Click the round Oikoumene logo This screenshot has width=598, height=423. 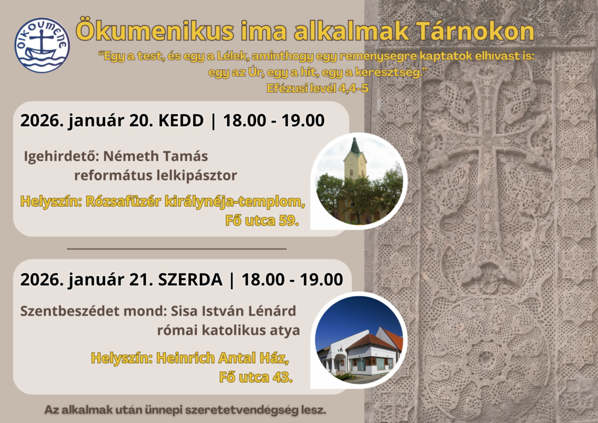pyautogui.click(x=42, y=45)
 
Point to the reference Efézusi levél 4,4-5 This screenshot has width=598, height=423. pyautogui.click(x=318, y=88)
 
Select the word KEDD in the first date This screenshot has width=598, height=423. pyautogui.click(x=181, y=120)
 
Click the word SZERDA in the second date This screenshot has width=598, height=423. pyautogui.click(x=190, y=280)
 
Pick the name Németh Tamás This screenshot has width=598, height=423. pyautogui.click(x=155, y=156)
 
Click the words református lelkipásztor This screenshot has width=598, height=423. pyautogui.click(x=155, y=175)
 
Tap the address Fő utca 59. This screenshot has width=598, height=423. pyautogui.click(x=262, y=220)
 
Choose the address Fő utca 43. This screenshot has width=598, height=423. pyautogui.click(x=256, y=377)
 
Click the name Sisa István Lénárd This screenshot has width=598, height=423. pyautogui.click(x=233, y=311)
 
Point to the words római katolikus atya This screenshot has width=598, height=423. pyautogui.click(x=228, y=330)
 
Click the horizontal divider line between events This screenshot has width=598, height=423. pyautogui.click(x=176, y=249)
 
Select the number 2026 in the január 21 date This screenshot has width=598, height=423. pyautogui.click(x=42, y=280)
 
